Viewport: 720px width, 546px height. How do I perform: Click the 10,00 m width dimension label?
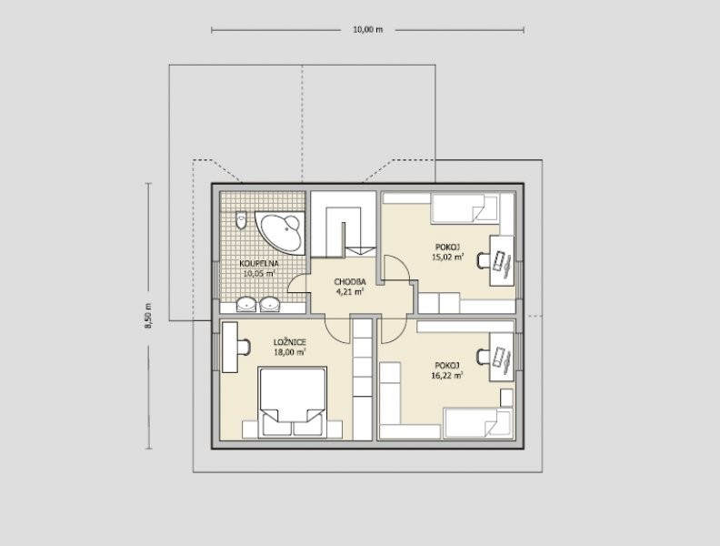367,30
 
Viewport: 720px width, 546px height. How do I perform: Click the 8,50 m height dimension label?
148,316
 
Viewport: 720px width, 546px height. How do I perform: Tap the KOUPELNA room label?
259,264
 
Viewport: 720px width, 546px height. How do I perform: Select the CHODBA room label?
350,282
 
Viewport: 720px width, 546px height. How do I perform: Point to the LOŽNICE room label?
290,342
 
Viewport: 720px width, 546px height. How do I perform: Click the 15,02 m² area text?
447,257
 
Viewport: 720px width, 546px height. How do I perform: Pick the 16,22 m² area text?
447,376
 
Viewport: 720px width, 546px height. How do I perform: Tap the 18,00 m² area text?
290,352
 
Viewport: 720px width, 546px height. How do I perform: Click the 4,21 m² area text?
350,291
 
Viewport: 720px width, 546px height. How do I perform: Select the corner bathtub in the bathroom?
281,233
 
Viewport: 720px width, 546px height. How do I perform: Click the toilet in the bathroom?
241,220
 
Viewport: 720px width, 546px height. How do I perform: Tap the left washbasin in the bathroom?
246,304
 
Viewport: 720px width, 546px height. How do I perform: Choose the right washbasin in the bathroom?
269,304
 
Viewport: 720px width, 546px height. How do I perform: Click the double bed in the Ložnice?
293,401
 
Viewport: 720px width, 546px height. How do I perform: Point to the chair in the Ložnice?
244,347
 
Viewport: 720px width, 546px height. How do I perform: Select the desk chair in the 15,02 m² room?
484,260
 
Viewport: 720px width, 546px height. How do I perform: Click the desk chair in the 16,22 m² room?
484,356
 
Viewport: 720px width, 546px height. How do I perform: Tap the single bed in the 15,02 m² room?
465,208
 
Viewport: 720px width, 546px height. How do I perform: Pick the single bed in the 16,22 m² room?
477,423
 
